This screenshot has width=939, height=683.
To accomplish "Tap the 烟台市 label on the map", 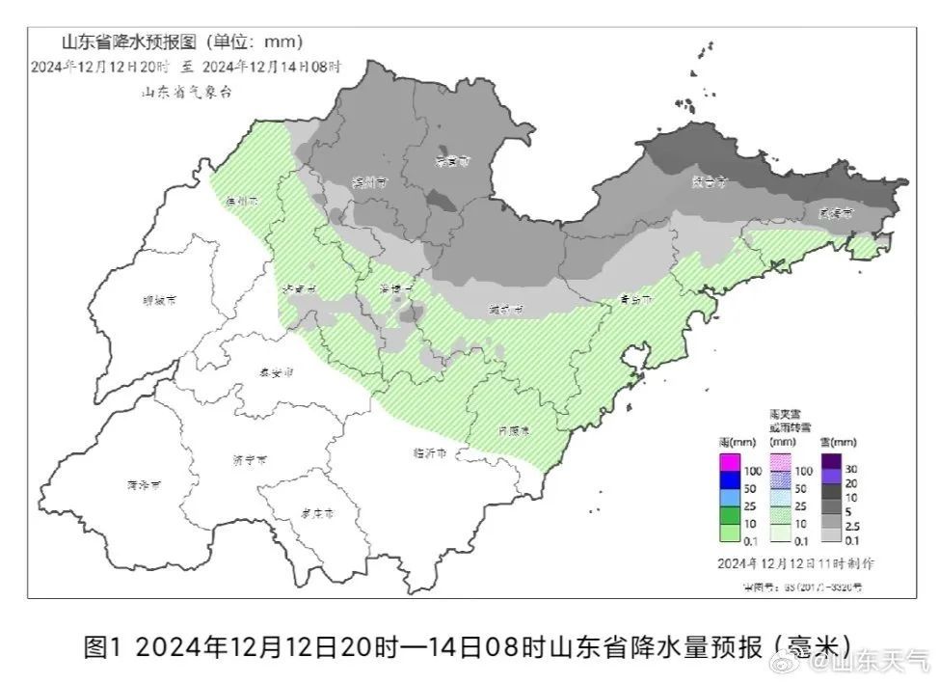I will click(x=710, y=180).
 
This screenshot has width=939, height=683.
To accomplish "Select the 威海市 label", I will click(x=835, y=212).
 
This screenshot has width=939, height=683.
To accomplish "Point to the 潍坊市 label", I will click(x=505, y=310).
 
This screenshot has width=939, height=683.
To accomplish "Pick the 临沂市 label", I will click(x=429, y=451).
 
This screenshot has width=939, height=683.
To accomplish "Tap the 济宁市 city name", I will click(x=251, y=461).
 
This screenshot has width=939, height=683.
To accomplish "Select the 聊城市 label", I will click(x=159, y=300).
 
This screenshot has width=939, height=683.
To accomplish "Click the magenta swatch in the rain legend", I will click(x=729, y=469).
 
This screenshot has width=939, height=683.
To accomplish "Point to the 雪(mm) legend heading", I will click(x=838, y=441).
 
